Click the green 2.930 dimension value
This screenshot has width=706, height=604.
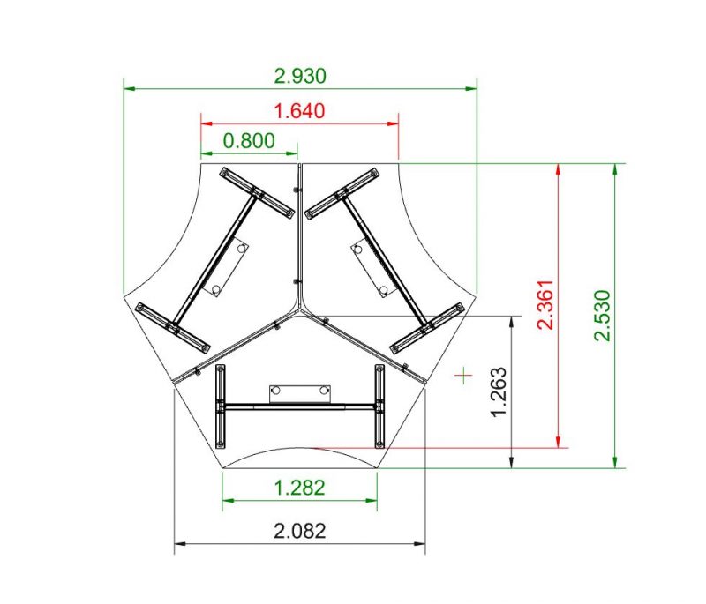pyautogui.click(x=300, y=76)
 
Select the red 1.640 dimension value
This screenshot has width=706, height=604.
pyautogui.click(x=299, y=111)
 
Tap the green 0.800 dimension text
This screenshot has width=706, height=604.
pyautogui.click(x=249, y=141)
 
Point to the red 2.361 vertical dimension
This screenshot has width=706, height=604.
pyautogui.click(x=545, y=304)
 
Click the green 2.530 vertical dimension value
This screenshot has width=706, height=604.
pyautogui.click(x=602, y=316)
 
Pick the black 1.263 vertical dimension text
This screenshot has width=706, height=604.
pyautogui.click(x=499, y=392)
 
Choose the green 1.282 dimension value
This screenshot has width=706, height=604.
pyautogui.click(x=299, y=488)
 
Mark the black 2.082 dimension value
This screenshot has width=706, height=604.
pyautogui.click(x=299, y=531)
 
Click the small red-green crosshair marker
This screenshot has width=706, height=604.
pyautogui.click(x=463, y=375)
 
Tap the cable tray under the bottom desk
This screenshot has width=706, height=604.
pyautogui.click(x=300, y=394)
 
